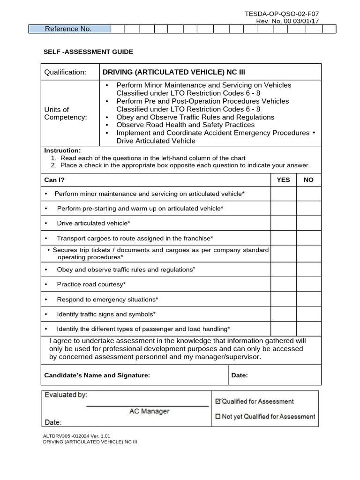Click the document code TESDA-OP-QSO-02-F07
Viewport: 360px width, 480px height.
tap(282, 15)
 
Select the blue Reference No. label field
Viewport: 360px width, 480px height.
tap(69, 29)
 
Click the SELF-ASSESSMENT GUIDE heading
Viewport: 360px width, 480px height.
tap(89, 52)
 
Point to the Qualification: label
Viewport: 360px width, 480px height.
tap(65, 72)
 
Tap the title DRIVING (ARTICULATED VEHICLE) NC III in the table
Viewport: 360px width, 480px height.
tap(173, 72)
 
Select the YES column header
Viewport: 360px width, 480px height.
tap(283, 180)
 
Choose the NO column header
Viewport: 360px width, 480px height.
tap(308, 180)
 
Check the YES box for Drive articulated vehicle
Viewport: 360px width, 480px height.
tap(283, 223)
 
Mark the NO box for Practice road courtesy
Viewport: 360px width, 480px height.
tap(308, 284)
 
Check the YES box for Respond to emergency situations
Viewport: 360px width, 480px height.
tap(283, 299)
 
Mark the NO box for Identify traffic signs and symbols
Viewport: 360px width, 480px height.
tap(308, 314)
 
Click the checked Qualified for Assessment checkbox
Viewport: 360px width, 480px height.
tap(217, 401)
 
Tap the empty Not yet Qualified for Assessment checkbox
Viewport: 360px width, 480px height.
tap(217, 416)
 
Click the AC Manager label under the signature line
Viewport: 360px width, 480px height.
tap(149, 411)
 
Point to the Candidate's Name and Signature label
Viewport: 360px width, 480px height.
tap(97, 375)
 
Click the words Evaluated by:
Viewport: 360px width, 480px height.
tap(66, 395)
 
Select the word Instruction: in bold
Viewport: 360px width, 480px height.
tap(62, 150)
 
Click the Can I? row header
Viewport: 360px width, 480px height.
tap(54, 180)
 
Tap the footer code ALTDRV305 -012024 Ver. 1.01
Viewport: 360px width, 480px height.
tap(76, 435)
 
